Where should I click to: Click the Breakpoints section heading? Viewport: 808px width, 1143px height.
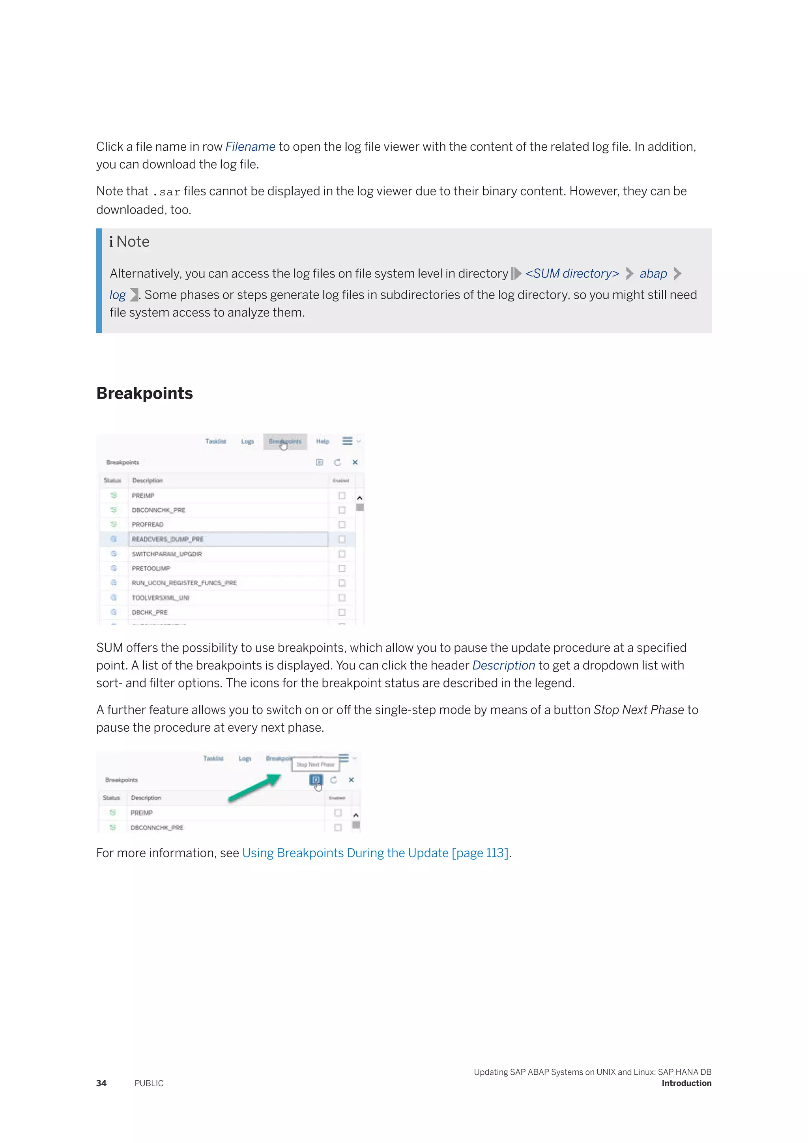(x=144, y=393)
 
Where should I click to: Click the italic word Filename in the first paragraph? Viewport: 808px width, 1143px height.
(x=250, y=147)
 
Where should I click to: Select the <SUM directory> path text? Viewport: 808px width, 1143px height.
(x=572, y=274)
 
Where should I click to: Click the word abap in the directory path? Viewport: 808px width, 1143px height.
(x=653, y=274)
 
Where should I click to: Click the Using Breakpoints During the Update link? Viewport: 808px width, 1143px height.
(x=375, y=853)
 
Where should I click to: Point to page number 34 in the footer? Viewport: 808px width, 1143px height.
(x=101, y=1083)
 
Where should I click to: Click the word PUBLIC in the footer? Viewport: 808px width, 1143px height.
(x=149, y=1083)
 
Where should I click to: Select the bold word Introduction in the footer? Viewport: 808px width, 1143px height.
(x=686, y=1083)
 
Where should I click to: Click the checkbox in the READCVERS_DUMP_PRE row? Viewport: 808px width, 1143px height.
(x=342, y=539)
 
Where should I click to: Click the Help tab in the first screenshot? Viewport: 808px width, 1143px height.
(x=322, y=442)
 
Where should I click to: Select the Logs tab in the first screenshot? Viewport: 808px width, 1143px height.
(x=247, y=442)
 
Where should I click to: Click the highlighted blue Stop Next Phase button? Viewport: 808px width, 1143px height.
(x=316, y=779)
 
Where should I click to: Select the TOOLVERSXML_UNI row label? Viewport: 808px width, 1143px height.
(x=160, y=598)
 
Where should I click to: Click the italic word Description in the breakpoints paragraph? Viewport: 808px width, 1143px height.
(x=503, y=665)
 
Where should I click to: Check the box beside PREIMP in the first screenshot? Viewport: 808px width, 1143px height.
(x=342, y=495)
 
